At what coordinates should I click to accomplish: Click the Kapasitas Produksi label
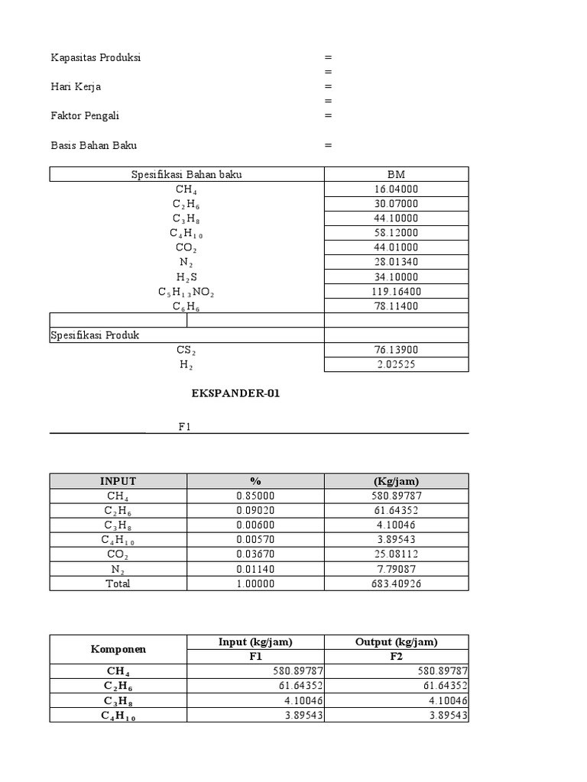coord(96,57)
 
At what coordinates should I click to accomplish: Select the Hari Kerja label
coord(76,86)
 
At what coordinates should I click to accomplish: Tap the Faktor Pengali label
coord(85,116)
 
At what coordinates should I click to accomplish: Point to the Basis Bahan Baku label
coord(94,145)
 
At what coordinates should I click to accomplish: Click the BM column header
coord(396,175)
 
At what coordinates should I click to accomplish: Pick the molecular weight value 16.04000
coord(396,189)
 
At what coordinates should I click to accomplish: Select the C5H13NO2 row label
coord(186,292)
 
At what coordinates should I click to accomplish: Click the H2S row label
coord(186,277)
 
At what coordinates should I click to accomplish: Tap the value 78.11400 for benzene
coord(396,306)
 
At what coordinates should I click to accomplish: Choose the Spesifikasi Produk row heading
coord(95,335)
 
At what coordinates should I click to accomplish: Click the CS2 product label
coord(186,350)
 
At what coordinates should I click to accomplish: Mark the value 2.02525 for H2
coord(396,365)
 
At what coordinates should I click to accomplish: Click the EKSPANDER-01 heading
coord(230,395)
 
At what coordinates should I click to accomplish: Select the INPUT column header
coord(118,481)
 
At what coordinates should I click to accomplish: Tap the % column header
coord(255,481)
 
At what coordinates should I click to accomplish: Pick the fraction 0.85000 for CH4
coord(255,496)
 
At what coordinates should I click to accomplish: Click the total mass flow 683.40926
coord(396,583)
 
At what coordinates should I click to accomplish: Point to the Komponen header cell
coord(118,649)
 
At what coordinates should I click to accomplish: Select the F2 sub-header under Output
coord(396,657)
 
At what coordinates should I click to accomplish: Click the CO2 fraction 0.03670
coord(255,554)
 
